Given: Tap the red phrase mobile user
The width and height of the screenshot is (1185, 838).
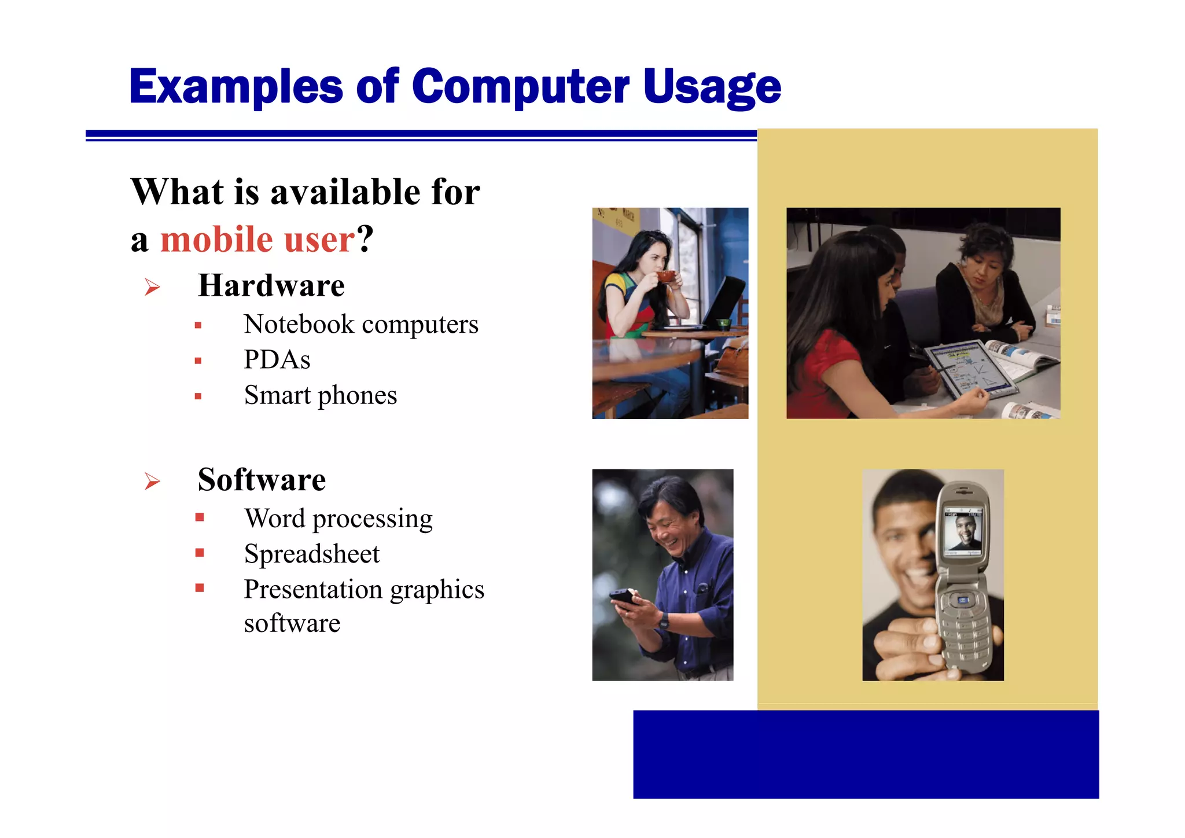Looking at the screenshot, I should click(x=257, y=239).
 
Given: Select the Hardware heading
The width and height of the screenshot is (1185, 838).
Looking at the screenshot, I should click(x=271, y=285).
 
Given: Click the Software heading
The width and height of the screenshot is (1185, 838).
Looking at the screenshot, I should click(x=262, y=480).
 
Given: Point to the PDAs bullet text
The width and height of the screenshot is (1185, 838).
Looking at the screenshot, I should click(x=277, y=359).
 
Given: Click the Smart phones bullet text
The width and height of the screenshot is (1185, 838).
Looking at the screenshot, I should click(x=320, y=395).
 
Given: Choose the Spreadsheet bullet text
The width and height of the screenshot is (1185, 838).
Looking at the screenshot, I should click(x=311, y=554).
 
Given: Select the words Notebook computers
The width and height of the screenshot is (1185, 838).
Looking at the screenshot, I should click(x=361, y=324).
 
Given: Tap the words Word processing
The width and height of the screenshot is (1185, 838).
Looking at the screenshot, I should click(x=338, y=519).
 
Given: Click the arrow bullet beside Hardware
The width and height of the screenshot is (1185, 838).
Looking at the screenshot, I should click(x=152, y=286).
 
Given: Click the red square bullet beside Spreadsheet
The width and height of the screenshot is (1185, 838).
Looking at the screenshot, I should click(x=200, y=553).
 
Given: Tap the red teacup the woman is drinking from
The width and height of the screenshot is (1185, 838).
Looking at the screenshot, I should click(x=665, y=276).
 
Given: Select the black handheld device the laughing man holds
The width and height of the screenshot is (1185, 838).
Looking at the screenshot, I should click(x=624, y=596).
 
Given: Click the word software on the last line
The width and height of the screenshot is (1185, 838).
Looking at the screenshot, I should click(x=292, y=623).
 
